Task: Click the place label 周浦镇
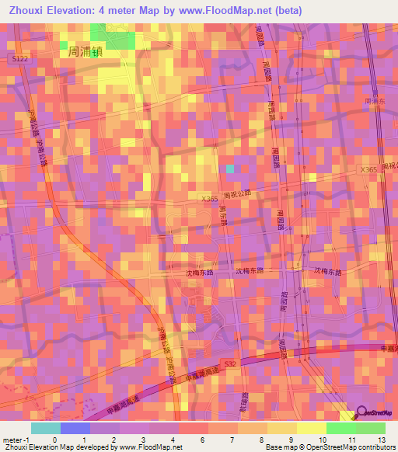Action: [x=86, y=51]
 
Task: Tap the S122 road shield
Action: [x=20, y=58]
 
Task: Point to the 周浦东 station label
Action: [x=374, y=101]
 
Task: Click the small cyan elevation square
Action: [x=229, y=169]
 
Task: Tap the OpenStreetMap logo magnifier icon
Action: [x=363, y=415]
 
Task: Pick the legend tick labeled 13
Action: [x=383, y=440]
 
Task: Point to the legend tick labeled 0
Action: [x=54, y=440]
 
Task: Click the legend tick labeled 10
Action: [x=307, y=440]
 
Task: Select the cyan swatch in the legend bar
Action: [x=45, y=428]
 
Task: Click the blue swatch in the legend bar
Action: [x=75, y=428]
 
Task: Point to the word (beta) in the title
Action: [x=285, y=10]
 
